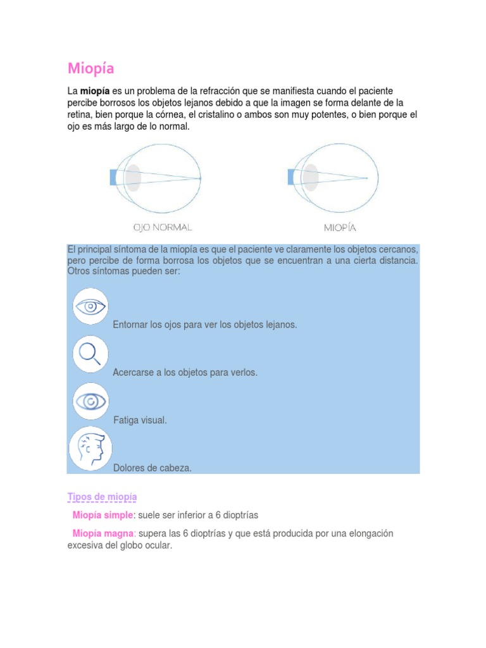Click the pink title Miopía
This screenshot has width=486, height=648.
[91, 68]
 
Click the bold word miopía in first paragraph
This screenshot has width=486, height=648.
[95, 92]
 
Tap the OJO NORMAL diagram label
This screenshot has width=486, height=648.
[163, 227]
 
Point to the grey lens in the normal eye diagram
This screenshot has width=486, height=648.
[132, 178]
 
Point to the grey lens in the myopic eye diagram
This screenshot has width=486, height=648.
[310, 178]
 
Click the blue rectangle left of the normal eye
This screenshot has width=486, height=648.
[113, 178]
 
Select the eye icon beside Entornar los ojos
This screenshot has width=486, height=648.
[90, 308]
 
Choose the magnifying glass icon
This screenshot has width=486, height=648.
[90, 354]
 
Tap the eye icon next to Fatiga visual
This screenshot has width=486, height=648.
[90, 401]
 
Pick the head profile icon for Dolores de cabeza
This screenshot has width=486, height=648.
[90, 448]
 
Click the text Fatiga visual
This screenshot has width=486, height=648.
[140, 420]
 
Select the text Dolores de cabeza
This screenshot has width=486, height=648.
[152, 468]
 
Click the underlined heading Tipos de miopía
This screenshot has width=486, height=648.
[102, 497]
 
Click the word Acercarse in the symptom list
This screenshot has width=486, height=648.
[133, 373]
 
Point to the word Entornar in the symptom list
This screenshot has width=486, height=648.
[130, 325]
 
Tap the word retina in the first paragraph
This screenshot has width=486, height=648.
[79, 115]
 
